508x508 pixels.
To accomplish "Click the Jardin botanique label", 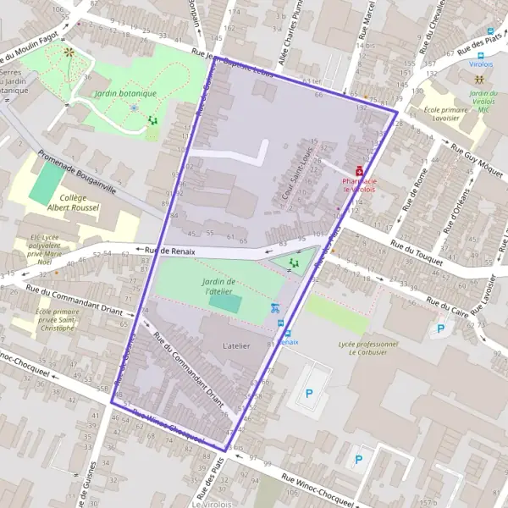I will [x=125, y=94].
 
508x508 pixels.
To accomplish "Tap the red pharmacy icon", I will [x=359, y=169].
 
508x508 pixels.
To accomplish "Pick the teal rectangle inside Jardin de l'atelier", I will [x=224, y=302].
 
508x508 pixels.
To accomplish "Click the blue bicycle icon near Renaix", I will [x=274, y=309].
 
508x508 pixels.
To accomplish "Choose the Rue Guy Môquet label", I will [x=479, y=165].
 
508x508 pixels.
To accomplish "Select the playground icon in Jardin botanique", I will [x=153, y=121].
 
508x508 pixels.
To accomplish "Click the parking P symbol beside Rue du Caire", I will [x=439, y=329].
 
